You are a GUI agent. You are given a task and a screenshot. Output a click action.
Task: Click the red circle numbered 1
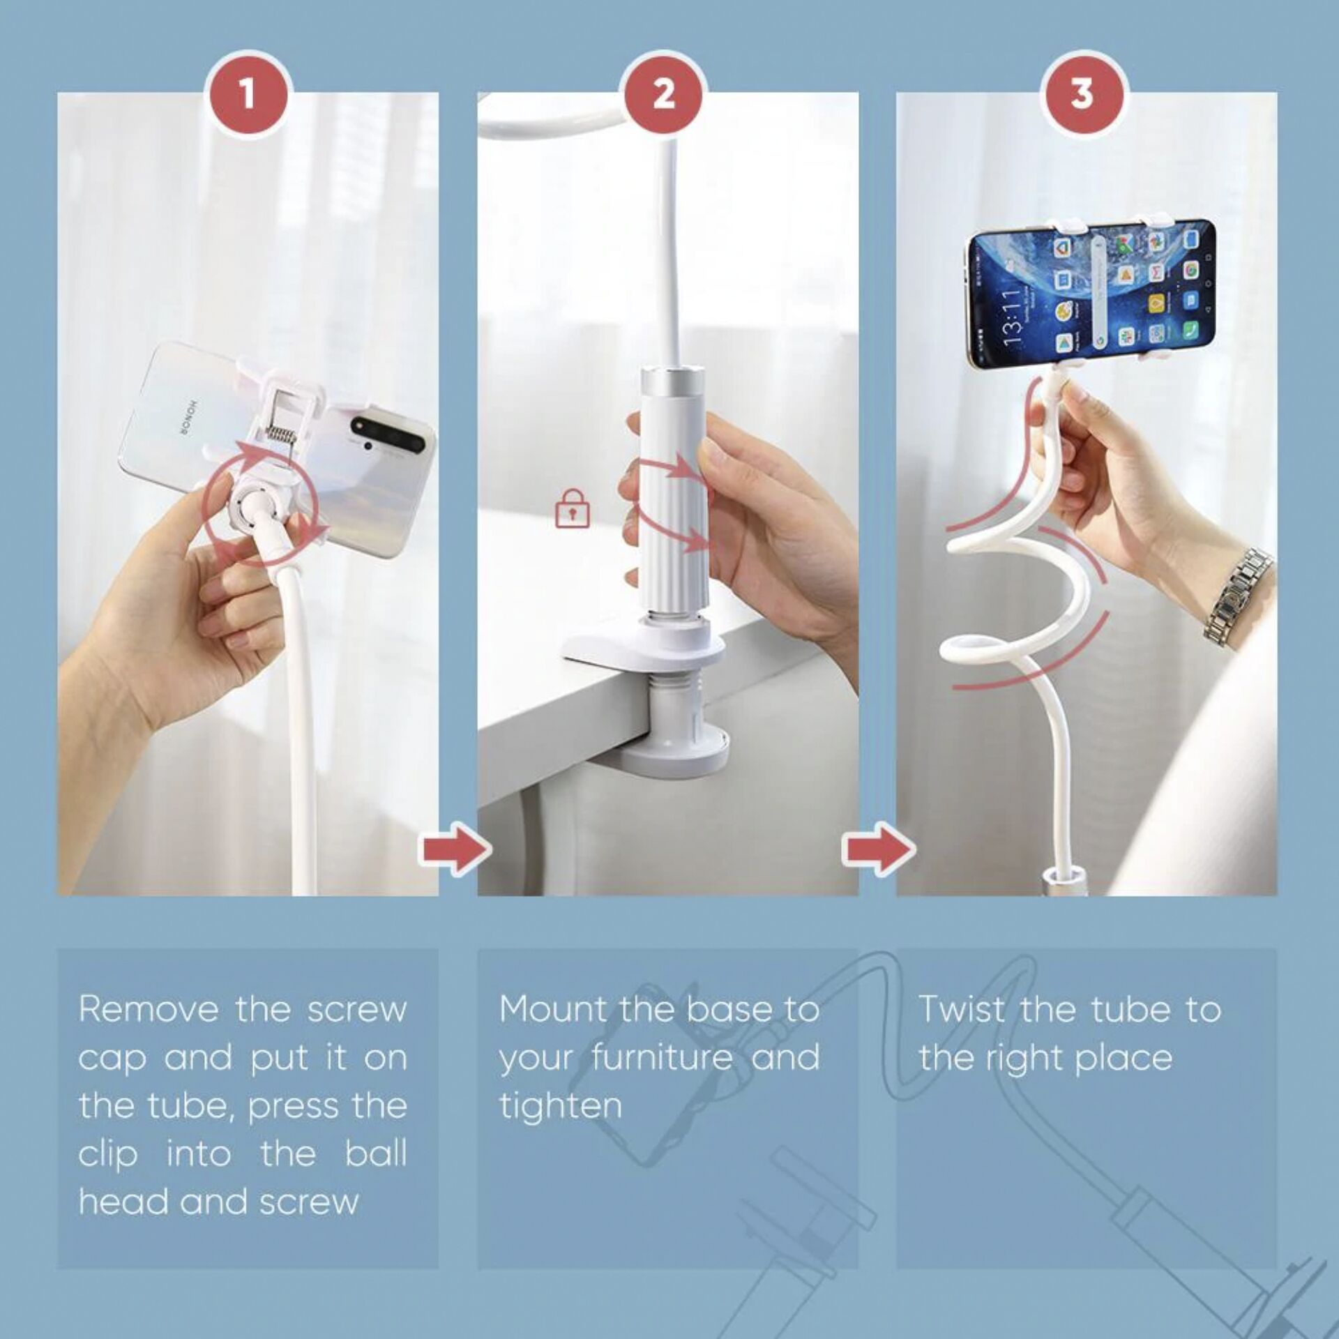pos(249,94)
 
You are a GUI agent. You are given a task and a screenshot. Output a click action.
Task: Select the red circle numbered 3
pos(1082,94)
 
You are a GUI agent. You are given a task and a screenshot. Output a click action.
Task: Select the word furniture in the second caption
pos(663,1057)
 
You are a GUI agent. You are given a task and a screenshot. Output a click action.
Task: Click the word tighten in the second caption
pos(560,1106)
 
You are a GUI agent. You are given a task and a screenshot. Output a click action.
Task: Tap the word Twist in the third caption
pos(962,1009)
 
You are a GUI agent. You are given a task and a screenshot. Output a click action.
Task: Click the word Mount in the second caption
pos(552,1009)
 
